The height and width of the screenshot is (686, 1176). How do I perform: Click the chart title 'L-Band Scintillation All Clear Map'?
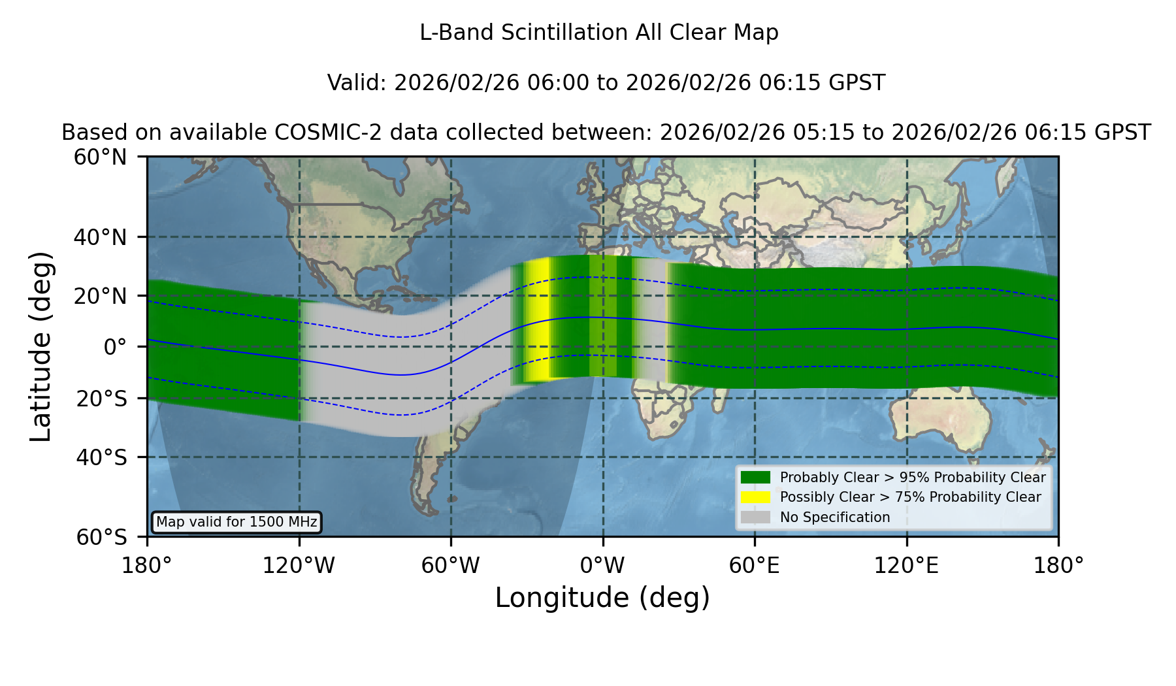coord(599,33)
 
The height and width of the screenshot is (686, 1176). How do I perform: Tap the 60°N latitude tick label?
coord(100,157)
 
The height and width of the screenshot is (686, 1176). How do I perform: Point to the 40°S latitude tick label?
coord(101,457)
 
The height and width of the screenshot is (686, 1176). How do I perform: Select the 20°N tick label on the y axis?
coord(100,296)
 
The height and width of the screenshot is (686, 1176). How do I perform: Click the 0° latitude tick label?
coord(115,347)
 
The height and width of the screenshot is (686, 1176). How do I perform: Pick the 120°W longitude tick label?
coord(299,565)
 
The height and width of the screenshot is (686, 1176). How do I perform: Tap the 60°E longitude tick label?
coord(755,565)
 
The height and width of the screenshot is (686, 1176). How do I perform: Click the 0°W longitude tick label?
coord(602,565)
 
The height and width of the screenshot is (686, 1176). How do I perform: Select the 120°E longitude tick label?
coord(906,565)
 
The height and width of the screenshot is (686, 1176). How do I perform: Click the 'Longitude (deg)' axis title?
coord(602,598)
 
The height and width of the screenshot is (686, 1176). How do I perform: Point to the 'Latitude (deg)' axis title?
coord(41,346)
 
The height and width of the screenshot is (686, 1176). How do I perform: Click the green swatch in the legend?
coord(756,477)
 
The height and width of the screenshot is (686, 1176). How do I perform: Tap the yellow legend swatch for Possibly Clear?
coord(756,497)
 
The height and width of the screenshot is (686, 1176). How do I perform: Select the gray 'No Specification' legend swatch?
coord(756,517)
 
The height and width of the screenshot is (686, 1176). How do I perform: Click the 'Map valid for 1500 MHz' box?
coord(237,522)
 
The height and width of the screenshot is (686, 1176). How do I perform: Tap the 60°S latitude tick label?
coord(101,537)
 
